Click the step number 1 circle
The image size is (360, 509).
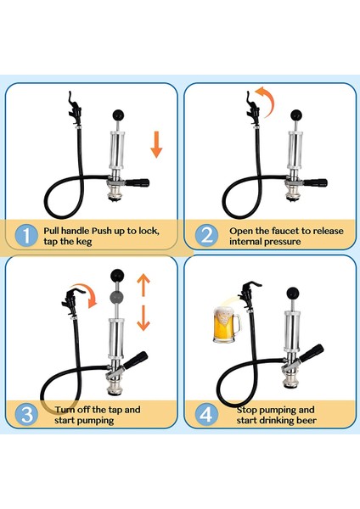tap(26, 235)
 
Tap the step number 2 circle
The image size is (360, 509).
tap(206, 235)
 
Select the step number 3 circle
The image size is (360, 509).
tap(26, 414)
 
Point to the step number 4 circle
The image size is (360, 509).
tap(206, 414)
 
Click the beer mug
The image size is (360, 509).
tap(227, 325)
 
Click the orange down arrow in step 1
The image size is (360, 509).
tap(156, 144)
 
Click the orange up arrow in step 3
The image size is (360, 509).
tap(143, 285)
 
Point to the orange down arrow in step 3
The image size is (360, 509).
tap(143, 318)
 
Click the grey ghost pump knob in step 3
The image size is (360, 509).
tap(116, 296)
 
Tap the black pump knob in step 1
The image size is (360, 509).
tap(118, 115)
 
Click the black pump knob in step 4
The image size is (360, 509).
tap(293, 294)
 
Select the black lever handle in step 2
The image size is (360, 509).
tap(314, 182)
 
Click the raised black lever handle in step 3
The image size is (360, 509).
tap(136, 361)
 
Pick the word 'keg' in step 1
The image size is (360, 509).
tap(84, 242)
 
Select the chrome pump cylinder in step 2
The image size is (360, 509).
tap(295, 149)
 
